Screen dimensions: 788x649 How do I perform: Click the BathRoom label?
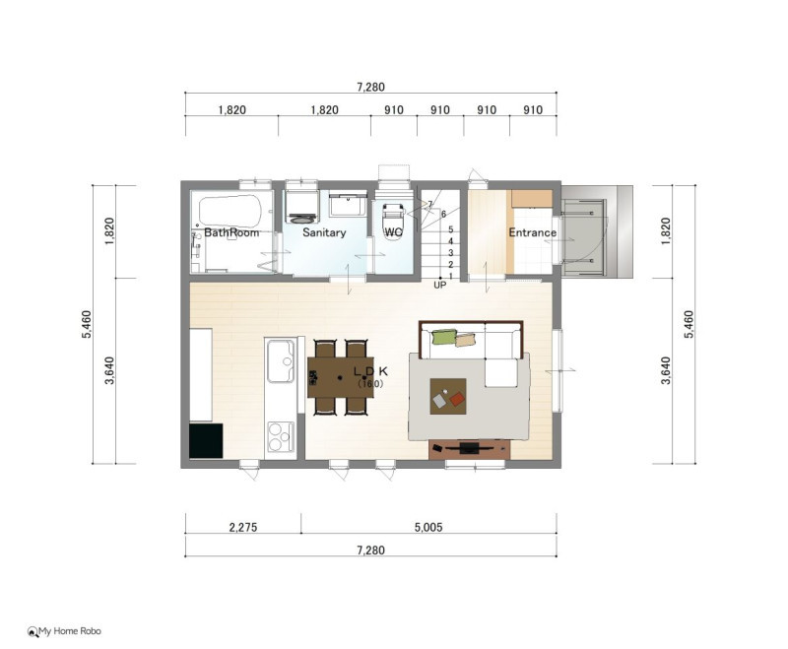tap(231, 232)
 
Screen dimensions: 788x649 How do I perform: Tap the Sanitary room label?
tap(324, 232)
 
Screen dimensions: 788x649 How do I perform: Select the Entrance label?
tap(532, 232)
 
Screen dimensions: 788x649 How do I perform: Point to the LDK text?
tap(371, 371)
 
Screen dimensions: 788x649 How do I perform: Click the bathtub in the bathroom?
tap(230, 211)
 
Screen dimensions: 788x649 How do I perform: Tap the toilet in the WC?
tap(393, 222)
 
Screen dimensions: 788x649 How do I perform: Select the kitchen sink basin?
tap(281, 361)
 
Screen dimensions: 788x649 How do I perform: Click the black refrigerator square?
tap(206, 440)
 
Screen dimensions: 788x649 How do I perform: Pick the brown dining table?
tap(340, 377)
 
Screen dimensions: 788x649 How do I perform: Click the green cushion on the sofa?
tap(444, 337)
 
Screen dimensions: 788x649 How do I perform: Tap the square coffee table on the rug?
tap(448, 396)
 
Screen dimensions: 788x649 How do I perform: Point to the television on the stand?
tap(470, 447)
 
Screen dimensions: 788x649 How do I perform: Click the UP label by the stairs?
tap(439, 286)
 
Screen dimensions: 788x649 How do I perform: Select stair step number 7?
tap(430, 204)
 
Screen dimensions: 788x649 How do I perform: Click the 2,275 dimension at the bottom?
tap(242, 528)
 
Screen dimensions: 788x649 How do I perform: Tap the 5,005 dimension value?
tap(428, 528)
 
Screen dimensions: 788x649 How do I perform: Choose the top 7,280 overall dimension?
tap(371, 88)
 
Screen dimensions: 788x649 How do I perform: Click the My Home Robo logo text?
tap(70, 631)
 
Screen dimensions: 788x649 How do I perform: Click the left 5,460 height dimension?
tap(87, 324)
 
